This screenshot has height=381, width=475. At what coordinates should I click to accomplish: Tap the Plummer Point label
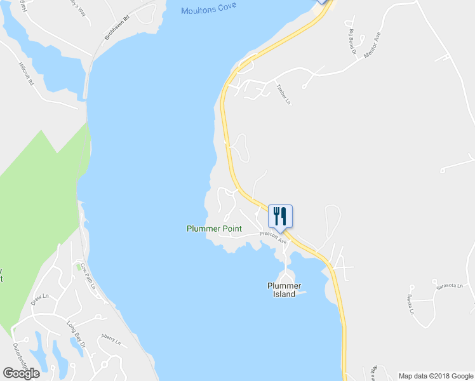coord(213,229)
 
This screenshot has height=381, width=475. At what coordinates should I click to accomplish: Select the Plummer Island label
coord(284,290)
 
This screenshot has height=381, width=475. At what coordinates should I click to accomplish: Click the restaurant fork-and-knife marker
coord(280,217)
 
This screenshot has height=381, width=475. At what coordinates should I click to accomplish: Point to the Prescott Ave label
coord(274,237)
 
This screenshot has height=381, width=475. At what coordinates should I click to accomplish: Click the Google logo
coord(21,373)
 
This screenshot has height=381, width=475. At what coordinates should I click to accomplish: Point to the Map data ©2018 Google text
coord(435,376)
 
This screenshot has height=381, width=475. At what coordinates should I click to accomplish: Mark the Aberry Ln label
coord(111,338)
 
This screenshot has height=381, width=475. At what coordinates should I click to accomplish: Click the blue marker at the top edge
coord(323,2)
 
